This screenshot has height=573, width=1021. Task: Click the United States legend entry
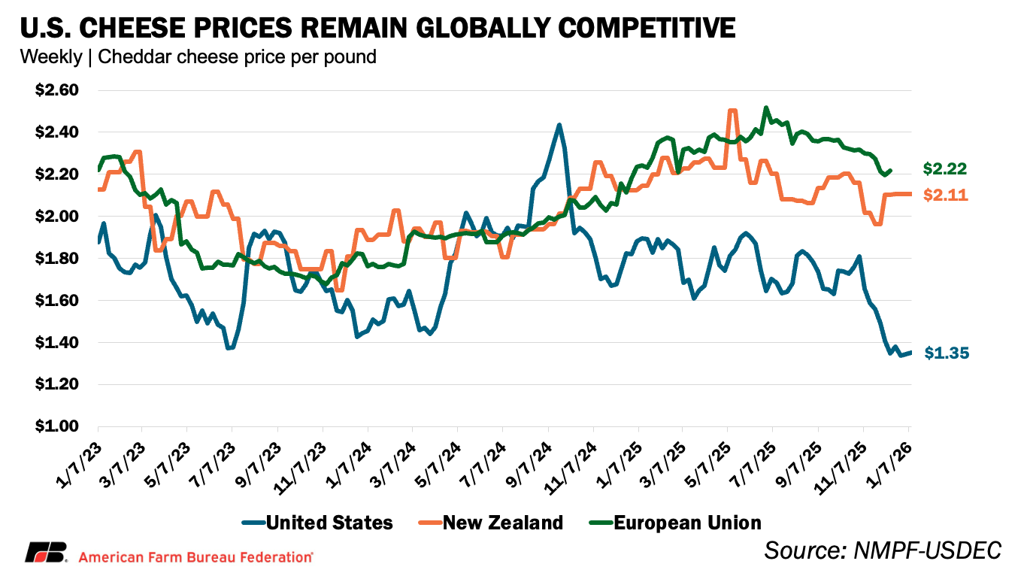(317, 523)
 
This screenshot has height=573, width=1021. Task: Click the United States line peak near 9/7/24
(559, 125)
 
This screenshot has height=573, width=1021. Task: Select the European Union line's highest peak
(765, 108)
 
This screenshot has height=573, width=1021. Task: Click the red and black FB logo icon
(47, 552)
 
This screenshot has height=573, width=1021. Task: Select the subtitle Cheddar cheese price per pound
(236, 56)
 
